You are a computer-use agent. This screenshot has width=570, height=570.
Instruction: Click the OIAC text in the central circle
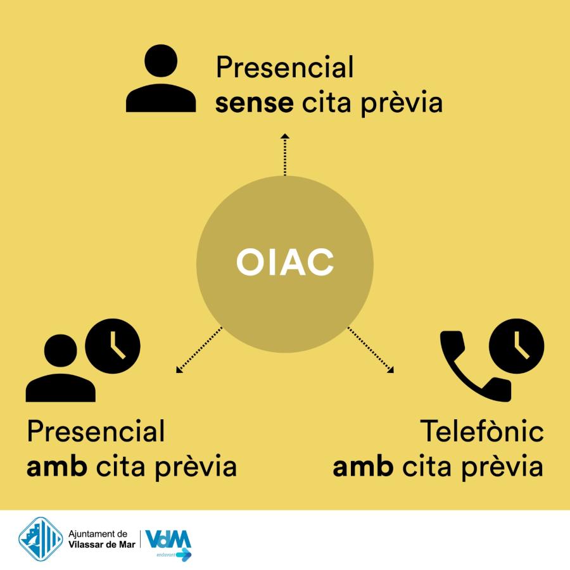coord(285,262)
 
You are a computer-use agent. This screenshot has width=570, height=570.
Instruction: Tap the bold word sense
coord(255,103)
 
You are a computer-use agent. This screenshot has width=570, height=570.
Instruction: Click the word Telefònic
coord(482,431)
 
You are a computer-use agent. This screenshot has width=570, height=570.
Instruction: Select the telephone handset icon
coord(476,366)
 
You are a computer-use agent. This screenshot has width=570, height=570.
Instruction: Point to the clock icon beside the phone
coord(517,346)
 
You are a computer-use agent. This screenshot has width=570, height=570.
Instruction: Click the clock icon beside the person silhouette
coord(113,346)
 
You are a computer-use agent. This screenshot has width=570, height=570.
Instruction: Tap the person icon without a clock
coord(161,78)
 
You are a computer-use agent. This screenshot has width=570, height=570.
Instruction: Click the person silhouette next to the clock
coord(61,368)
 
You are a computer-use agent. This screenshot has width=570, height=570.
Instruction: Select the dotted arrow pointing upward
coord(285,155)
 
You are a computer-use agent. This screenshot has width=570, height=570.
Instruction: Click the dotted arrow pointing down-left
coord(199,350)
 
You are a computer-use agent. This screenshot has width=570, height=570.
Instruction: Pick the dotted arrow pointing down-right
coord(370,350)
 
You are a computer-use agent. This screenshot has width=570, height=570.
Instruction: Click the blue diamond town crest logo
coord(41,540)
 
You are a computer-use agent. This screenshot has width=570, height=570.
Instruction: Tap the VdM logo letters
coord(168,539)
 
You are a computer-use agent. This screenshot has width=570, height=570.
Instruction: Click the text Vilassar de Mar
coord(102,544)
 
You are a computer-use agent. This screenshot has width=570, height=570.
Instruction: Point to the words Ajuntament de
coord(98,534)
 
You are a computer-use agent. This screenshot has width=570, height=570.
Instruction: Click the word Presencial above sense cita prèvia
coord(284,67)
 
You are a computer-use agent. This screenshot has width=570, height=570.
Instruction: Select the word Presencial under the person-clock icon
coord(96,431)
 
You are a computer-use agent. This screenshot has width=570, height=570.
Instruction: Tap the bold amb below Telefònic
coord(363,465)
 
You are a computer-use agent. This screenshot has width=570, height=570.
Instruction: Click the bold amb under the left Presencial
coord(57,465)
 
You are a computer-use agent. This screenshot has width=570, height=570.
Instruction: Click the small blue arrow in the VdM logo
coord(184,555)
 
